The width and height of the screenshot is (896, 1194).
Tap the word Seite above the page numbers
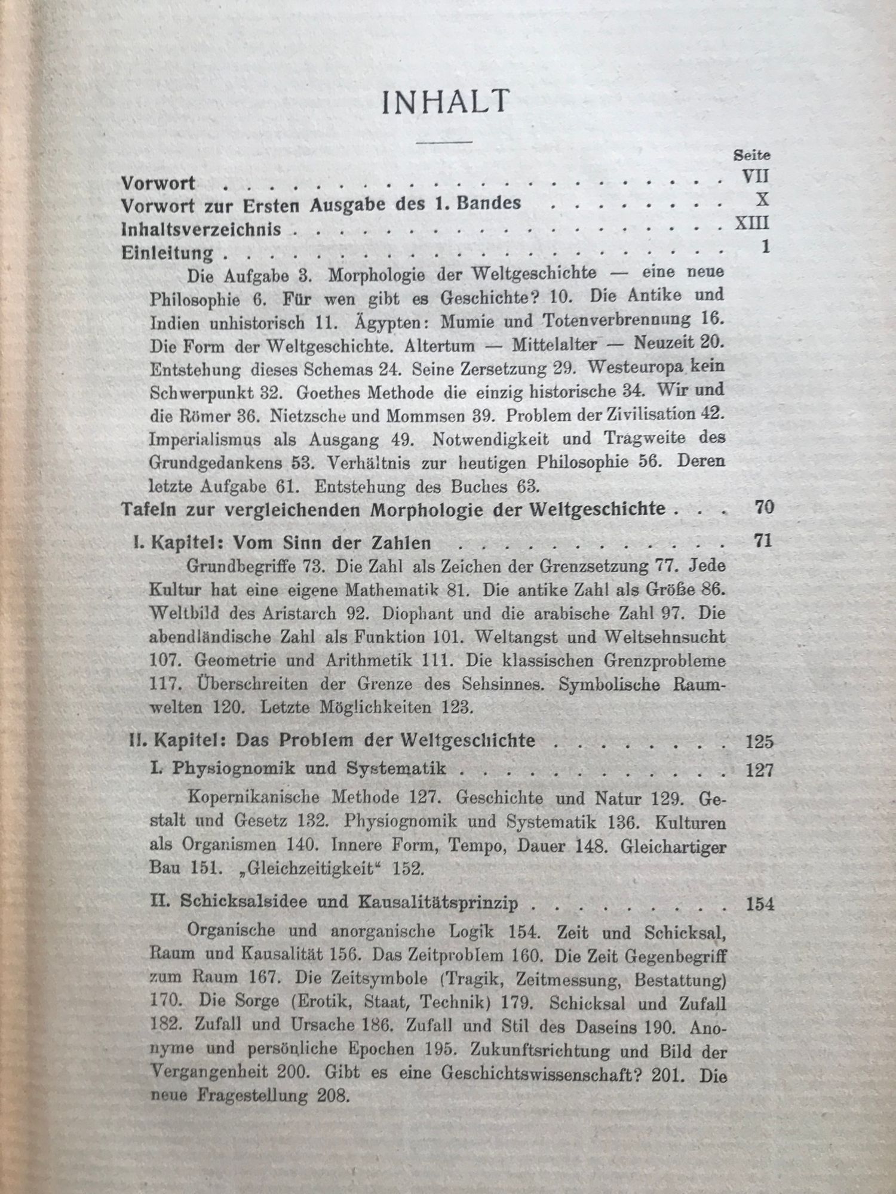click(751, 155)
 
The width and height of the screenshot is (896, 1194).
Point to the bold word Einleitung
click(167, 253)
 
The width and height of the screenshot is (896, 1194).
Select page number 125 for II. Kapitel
click(759, 741)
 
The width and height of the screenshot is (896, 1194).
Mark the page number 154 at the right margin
click(760, 904)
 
